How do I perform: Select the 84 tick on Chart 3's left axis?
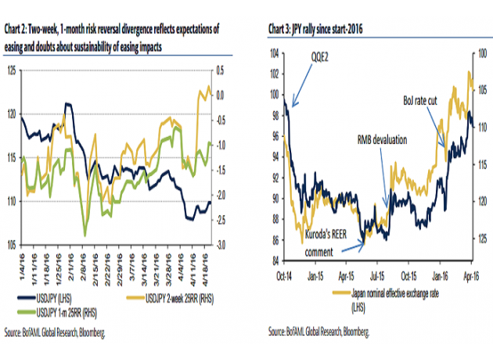274,261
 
